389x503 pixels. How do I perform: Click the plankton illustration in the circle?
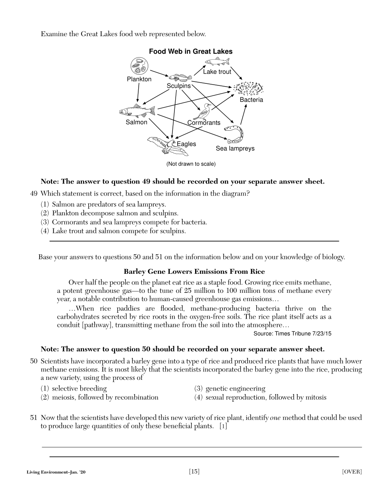point(139,66)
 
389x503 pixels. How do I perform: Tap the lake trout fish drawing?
point(217,62)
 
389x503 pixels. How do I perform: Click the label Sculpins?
point(178,86)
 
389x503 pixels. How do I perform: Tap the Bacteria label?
point(251,100)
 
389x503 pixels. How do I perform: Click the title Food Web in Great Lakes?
point(190,51)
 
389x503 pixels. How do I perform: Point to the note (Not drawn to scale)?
point(191,164)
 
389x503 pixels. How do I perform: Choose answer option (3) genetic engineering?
point(230,389)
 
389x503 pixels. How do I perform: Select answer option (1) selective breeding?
point(74,389)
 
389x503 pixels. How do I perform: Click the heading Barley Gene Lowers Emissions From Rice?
point(194,272)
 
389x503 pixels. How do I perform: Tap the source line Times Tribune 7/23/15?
point(292,333)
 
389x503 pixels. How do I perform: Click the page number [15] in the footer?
point(194,472)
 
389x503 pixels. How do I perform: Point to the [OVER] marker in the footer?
point(352,472)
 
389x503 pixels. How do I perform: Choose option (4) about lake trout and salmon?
point(113,231)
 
